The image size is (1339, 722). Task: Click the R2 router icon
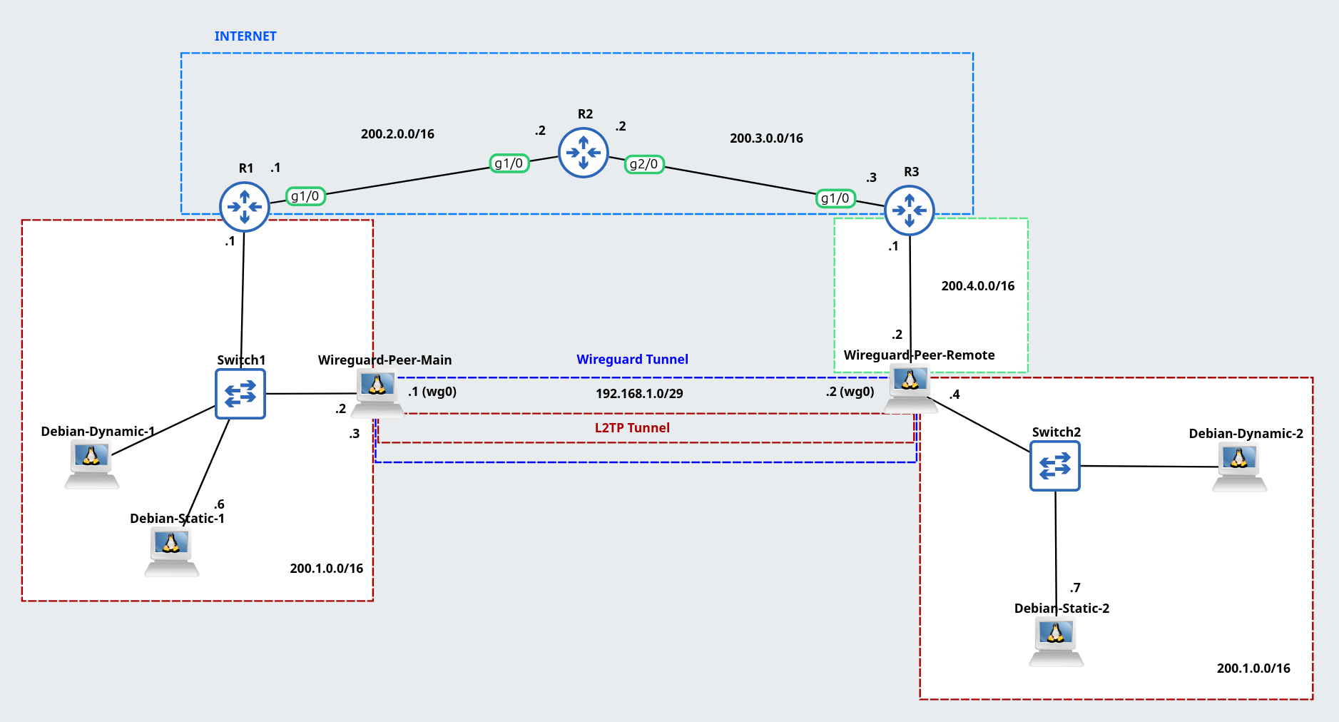pos(584,153)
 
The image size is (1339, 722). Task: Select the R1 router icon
pos(245,207)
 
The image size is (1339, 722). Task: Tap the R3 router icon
pos(910,210)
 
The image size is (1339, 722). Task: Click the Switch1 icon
pos(240,394)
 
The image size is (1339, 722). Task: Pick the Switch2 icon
pos(1055,466)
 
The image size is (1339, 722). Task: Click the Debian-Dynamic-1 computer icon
pos(92,463)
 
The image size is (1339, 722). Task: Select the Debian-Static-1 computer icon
pos(172,551)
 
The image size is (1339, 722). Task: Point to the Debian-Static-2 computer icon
pos(1057,641)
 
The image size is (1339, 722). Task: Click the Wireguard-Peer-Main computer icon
pos(377,393)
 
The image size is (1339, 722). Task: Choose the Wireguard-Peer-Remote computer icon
pos(910,388)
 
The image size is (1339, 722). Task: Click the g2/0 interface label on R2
pos(644,164)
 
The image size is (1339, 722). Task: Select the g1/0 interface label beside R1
pos(305,196)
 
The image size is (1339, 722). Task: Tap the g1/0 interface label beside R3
pos(835,198)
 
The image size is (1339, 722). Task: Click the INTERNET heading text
pos(245,36)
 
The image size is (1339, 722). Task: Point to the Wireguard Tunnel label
pos(632,360)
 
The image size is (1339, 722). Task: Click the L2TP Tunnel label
pos(632,428)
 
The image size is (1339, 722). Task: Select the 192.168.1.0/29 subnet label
pos(639,394)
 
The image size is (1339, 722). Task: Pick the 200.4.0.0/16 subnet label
pos(977,286)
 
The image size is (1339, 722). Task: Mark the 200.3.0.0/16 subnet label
pos(766,138)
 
